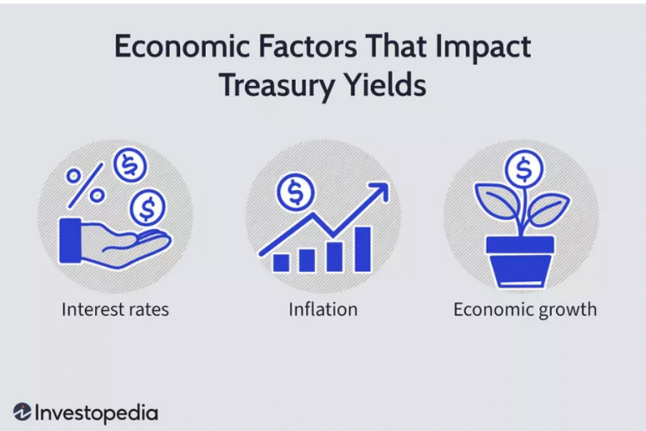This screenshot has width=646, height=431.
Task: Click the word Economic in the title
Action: click(182, 46)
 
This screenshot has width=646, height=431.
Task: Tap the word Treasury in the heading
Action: click(277, 85)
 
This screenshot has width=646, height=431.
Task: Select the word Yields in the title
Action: click(384, 84)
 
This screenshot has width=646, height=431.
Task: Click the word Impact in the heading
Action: click(483, 47)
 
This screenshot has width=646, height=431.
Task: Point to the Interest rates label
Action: click(115, 309)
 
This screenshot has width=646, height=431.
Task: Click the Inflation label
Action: click(323, 309)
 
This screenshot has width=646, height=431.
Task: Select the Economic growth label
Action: click(525, 310)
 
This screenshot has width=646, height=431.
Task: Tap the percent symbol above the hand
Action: click(85, 185)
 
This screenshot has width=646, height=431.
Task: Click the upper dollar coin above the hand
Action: click(130, 165)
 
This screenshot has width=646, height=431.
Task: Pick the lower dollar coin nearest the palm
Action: click(147, 207)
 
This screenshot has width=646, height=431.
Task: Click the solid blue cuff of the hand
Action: click(70, 241)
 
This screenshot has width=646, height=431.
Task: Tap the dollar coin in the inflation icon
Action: click(295, 193)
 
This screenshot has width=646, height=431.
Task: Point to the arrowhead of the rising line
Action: click(379, 191)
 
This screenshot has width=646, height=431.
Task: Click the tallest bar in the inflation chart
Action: click(363, 249)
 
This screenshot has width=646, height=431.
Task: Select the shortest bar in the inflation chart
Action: click(281, 263)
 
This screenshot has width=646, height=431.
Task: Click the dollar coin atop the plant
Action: click(524, 169)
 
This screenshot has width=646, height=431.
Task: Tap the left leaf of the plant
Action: click(495, 200)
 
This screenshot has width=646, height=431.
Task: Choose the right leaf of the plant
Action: click(548, 209)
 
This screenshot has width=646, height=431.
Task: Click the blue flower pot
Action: click(520, 263)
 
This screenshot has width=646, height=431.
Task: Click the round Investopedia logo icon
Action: click(22, 412)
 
